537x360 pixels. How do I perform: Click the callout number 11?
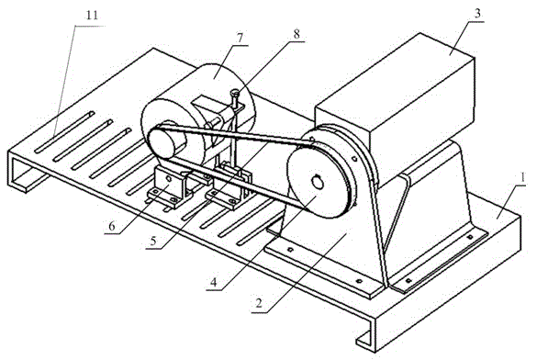click(93, 16)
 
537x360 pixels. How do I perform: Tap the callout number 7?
click(240, 38)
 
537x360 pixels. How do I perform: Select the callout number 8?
click(296, 34)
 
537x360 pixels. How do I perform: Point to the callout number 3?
click(477, 14)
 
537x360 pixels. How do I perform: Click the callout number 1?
click(522, 177)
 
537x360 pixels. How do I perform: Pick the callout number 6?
click(112, 226)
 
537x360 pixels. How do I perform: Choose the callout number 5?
click(153, 241)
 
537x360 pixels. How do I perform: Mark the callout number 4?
click(214, 282)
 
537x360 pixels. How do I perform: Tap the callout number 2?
click(259, 303)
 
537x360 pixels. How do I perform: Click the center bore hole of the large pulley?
click(318, 182)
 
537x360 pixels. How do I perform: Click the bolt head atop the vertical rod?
click(235, 92)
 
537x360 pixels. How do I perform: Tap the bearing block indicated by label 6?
click(168, 186)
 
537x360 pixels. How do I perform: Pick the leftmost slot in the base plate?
click(64, 131)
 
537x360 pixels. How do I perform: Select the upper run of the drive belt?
click(233, 134)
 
